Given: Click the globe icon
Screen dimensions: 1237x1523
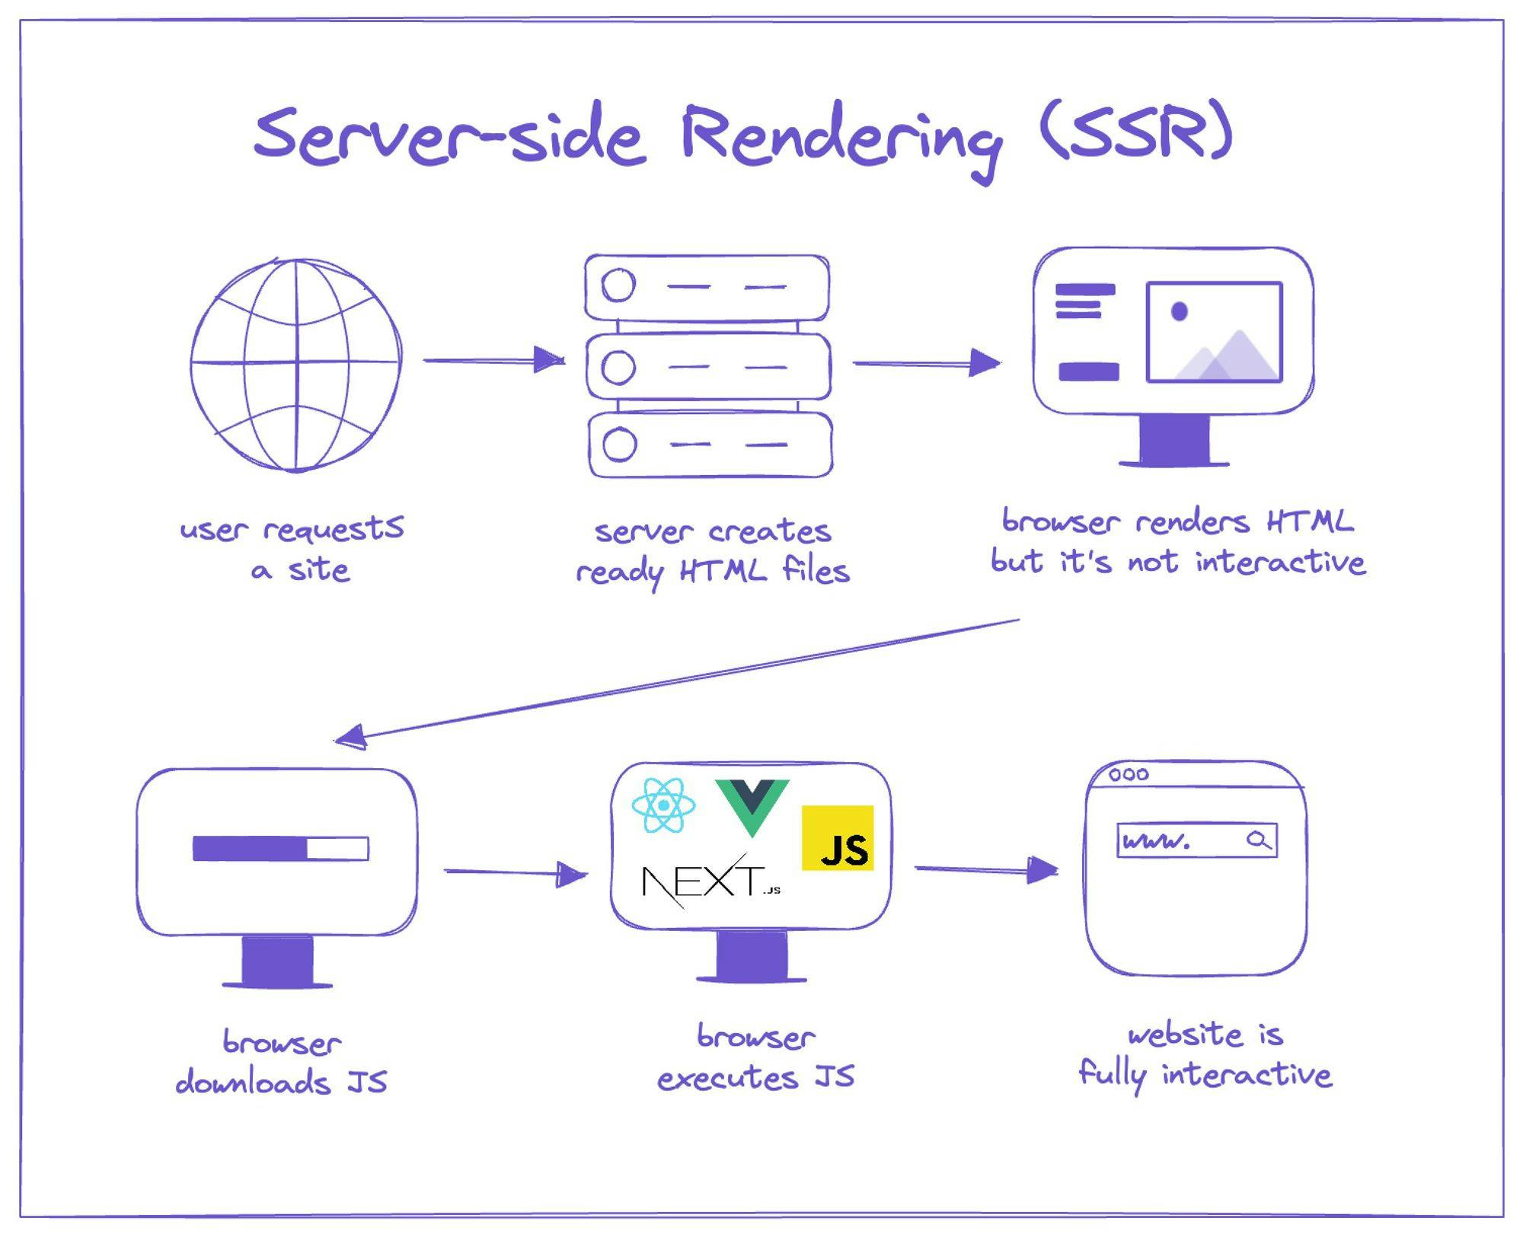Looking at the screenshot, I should point(295,365).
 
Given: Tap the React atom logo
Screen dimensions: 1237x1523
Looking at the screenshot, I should point(663,805).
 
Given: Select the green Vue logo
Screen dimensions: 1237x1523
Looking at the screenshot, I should point(752,805).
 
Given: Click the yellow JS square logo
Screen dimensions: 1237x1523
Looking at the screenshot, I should point(837,837).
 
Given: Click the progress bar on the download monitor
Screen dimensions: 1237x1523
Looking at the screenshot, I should point(280,848).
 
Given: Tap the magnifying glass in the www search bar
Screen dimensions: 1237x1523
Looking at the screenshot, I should point(1258,840).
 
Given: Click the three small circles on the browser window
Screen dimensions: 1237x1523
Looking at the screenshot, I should point(1129,774).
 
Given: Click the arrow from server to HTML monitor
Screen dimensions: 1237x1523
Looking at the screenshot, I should point(925,363).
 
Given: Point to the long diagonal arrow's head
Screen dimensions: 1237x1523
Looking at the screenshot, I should point(350,737).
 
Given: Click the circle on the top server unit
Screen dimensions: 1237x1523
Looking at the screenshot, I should point(618,285).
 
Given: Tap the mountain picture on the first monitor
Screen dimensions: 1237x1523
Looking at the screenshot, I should point(1215,332).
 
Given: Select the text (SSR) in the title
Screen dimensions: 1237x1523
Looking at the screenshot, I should point(1135,133).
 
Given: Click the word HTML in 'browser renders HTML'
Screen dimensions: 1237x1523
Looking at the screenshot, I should point(1310,522).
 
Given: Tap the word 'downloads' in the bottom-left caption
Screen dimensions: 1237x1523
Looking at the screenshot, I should point(253,1082).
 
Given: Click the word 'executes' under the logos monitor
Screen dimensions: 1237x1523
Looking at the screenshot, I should point(727,1078).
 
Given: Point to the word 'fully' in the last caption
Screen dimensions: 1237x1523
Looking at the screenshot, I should point(1112,1075).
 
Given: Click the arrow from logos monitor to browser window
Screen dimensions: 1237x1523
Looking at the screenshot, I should point(985,869).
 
